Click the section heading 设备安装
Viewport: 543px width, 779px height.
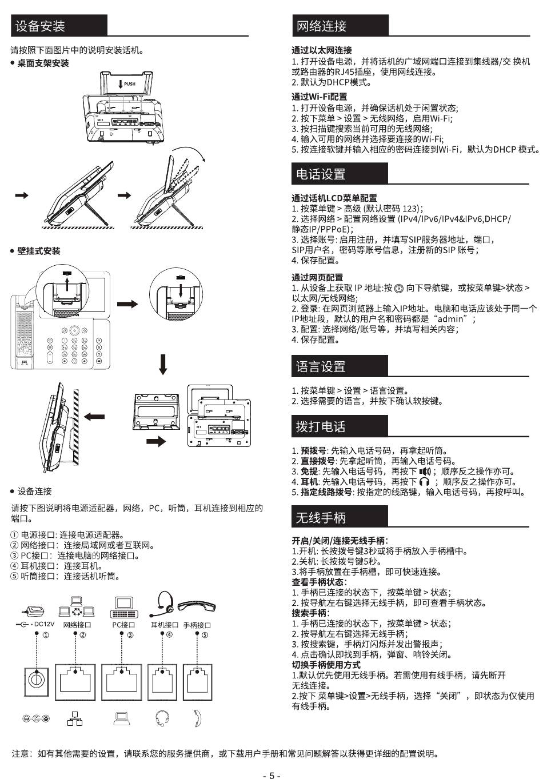pyautogui.click(x=40, y=26)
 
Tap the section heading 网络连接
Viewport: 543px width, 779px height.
pyautogui.click(x=321, y=26)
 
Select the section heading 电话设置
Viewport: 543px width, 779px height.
pyautogui.click(x=321, y=174)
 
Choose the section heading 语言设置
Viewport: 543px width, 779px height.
pyautogui.click(x=321, y=367)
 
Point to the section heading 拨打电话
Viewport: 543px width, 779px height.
pyautogui.click(x=321, y=427)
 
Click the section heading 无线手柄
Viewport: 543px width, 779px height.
pyautogui.click(x=321, y=518)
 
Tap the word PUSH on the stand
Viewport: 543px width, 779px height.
pyautogui.click(x=130, y=84)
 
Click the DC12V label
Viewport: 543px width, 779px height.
pyautogui.click(x=44, y=624)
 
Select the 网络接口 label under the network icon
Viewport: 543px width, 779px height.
pyautogui.click(x=77, y=625)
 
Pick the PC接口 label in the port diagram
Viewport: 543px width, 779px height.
pyautogui.click(x=123, y=625)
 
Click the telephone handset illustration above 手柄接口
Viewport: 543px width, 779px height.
pyautogui.click(x=197, y=606)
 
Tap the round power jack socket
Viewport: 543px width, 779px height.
pyautogui.click(x=36, y=680)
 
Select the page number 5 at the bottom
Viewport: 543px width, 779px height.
pyautogui.click(x=271, y=775)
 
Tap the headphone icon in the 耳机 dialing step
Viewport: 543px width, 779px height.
pyautogui.click(x=424, y=482)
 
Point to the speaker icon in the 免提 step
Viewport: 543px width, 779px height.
pyautogui.click(x=425, y=471)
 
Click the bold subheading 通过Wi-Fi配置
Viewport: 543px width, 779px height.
pyautogui.click(x=320, y=97)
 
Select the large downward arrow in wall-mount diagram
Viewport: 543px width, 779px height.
pyautogui.click(x=163, y=364)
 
